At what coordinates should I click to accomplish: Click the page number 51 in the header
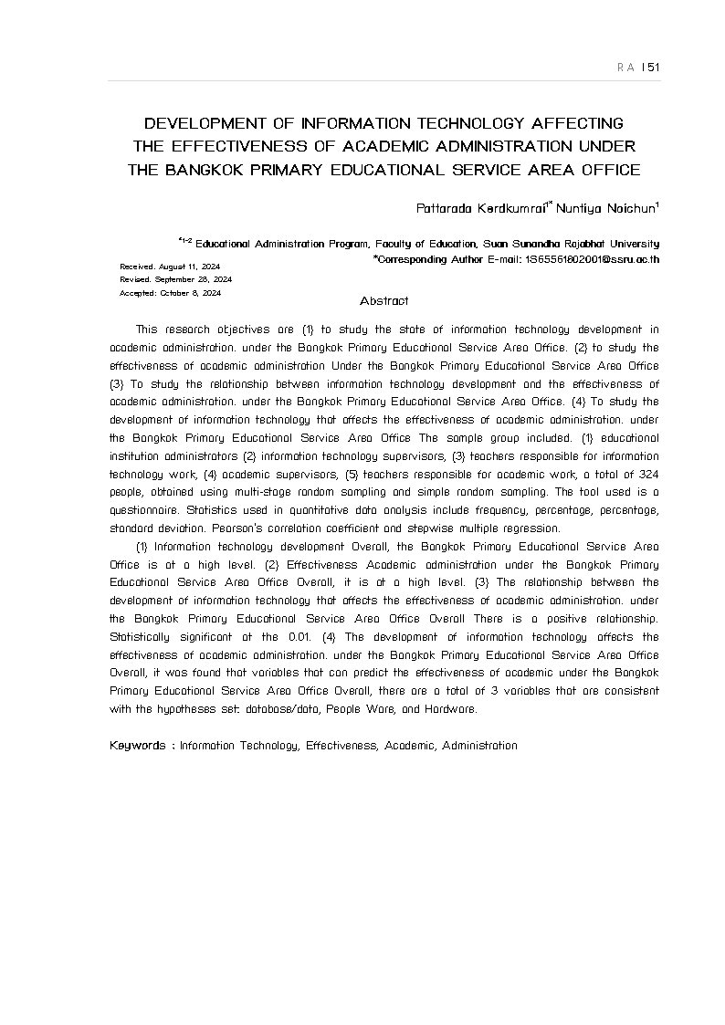652,68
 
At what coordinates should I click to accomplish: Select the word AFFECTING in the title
578,123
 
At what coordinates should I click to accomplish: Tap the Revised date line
175,279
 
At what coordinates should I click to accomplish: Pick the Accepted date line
170,293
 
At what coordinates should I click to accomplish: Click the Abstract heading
384,301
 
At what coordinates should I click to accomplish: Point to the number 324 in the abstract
646,475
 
